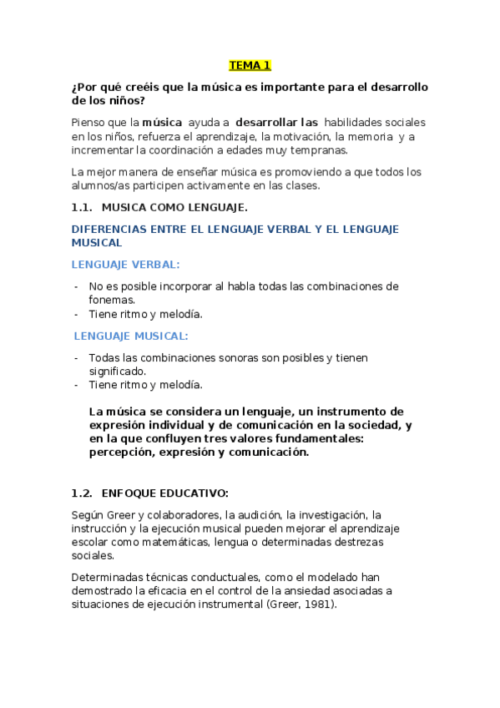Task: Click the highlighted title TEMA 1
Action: (x=250, y=65)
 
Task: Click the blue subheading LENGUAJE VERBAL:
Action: (x=125, y=264)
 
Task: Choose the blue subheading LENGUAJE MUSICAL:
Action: (x=131, y=336)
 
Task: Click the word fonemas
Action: (x=112, y=299)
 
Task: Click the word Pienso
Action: (x=90, y=122)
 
